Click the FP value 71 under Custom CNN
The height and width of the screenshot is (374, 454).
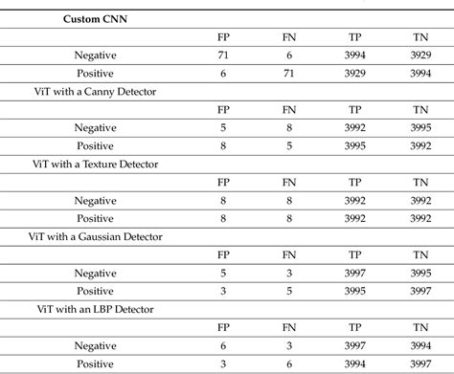(x=224, y=55)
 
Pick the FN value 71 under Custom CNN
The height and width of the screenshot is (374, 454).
(x=290, y=73)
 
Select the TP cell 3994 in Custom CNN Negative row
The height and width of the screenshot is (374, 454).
(x=356, y=55)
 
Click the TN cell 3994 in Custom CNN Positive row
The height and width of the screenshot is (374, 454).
(x=421, y=73)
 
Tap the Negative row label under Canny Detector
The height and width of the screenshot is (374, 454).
(x=96, y=127)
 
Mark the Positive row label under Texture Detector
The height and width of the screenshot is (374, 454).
(x=96, y=218)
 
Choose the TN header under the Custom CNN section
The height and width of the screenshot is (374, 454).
(x=421, y=36)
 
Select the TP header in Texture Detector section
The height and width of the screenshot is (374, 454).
(x=356, y=182)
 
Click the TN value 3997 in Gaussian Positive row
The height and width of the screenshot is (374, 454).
(x=421, y=290)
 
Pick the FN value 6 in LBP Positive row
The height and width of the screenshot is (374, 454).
(x=290, y=363)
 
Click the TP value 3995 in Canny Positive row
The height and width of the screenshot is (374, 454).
(x=356, y=145)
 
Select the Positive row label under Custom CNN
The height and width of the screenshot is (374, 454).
(x=96, y=73)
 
